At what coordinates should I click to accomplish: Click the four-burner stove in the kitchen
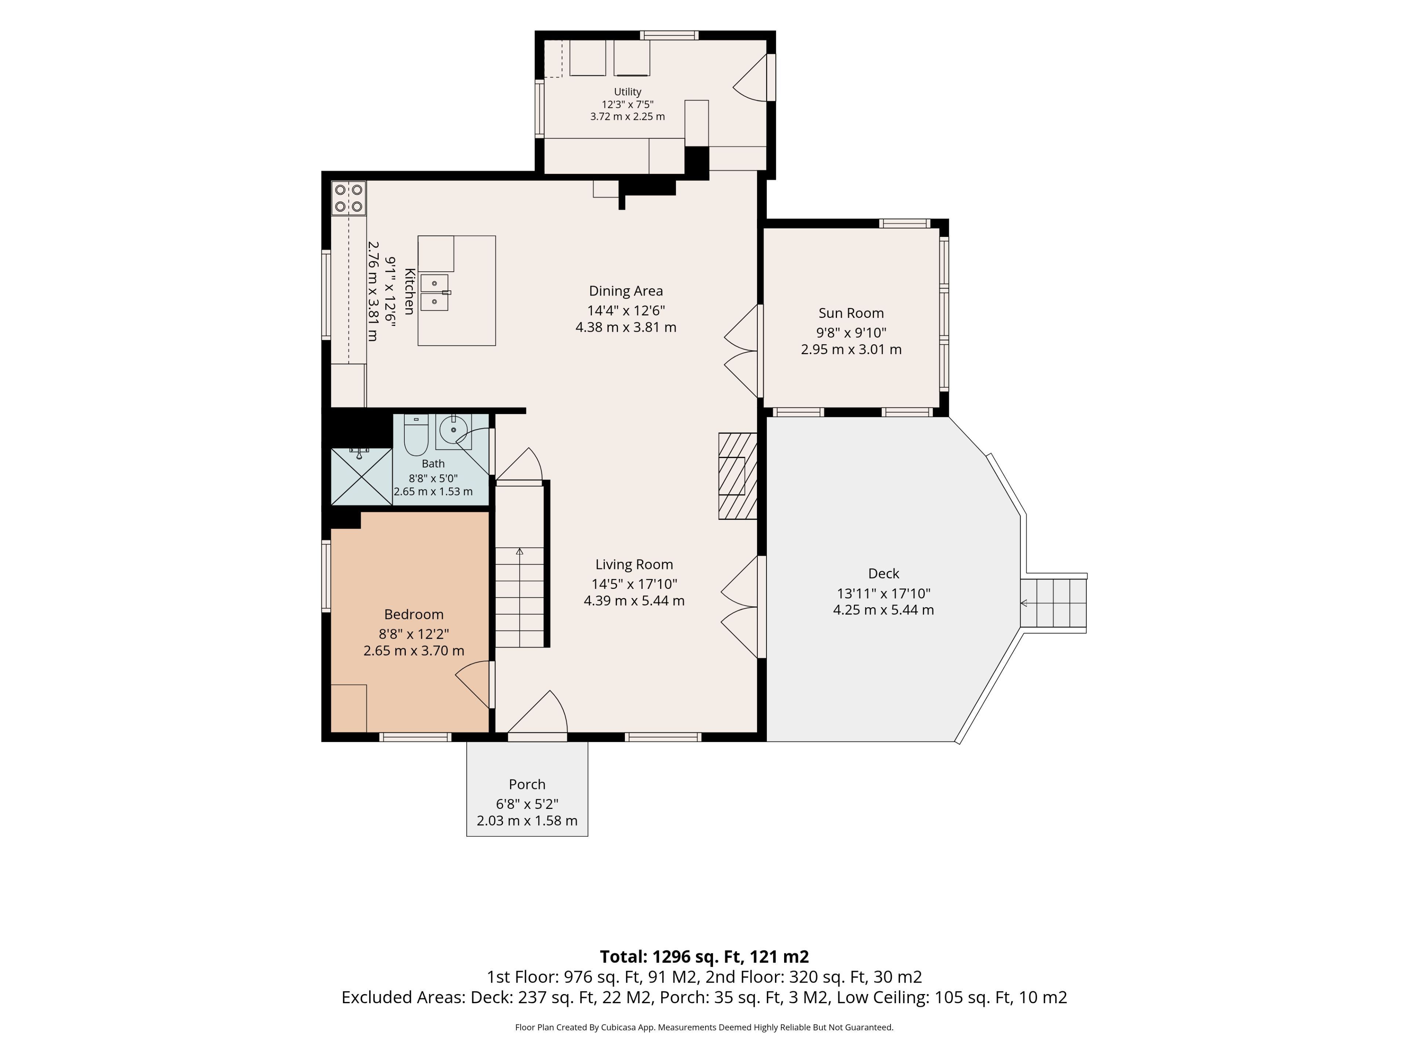point(349,198)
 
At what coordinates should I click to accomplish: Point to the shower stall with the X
point(361,476)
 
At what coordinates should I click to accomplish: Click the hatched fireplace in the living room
point(738,476)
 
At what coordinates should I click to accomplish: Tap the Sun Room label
point(851,313)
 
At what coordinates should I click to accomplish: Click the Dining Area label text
point(626,291)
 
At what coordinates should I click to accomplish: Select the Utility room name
point(627,92)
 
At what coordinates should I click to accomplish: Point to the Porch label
point(527,784)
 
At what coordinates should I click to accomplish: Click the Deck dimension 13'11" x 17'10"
point(884,593)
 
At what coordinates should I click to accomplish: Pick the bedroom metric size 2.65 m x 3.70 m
point(414,650)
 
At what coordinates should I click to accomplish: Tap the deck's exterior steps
point(1053,603)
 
